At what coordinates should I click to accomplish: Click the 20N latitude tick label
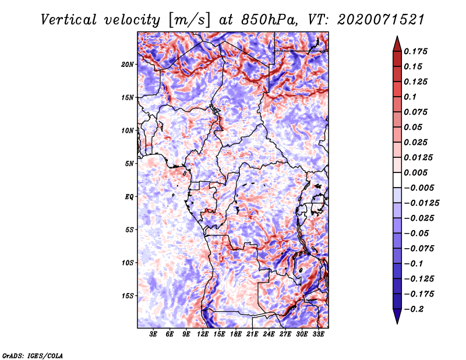point(128,65)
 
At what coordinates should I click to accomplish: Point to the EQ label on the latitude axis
point(129,197)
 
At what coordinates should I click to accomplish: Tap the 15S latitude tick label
point(128,296)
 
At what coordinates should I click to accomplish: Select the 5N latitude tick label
point(129,164)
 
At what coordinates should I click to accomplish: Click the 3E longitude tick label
point(153,334)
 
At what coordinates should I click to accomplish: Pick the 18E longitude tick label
point(236,334)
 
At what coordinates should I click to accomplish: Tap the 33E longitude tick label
point(318,334)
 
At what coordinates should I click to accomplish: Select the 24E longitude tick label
point(269,334)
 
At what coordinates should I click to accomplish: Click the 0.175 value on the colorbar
point(415,51)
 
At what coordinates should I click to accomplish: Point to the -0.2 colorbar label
point(414,309)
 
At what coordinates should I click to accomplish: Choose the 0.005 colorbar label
point(415,172)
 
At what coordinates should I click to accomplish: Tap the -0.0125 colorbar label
point(421,203)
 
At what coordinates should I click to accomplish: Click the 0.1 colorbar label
point(410,97)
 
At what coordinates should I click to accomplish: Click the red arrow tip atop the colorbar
point(397,37)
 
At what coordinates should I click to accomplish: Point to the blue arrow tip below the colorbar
point(397,323)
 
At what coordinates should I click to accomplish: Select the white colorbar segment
point(397,180)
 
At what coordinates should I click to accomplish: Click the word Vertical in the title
point(69,20)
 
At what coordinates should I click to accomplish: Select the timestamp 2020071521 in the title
point(381,20)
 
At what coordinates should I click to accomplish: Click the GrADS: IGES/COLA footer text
point(33,356)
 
